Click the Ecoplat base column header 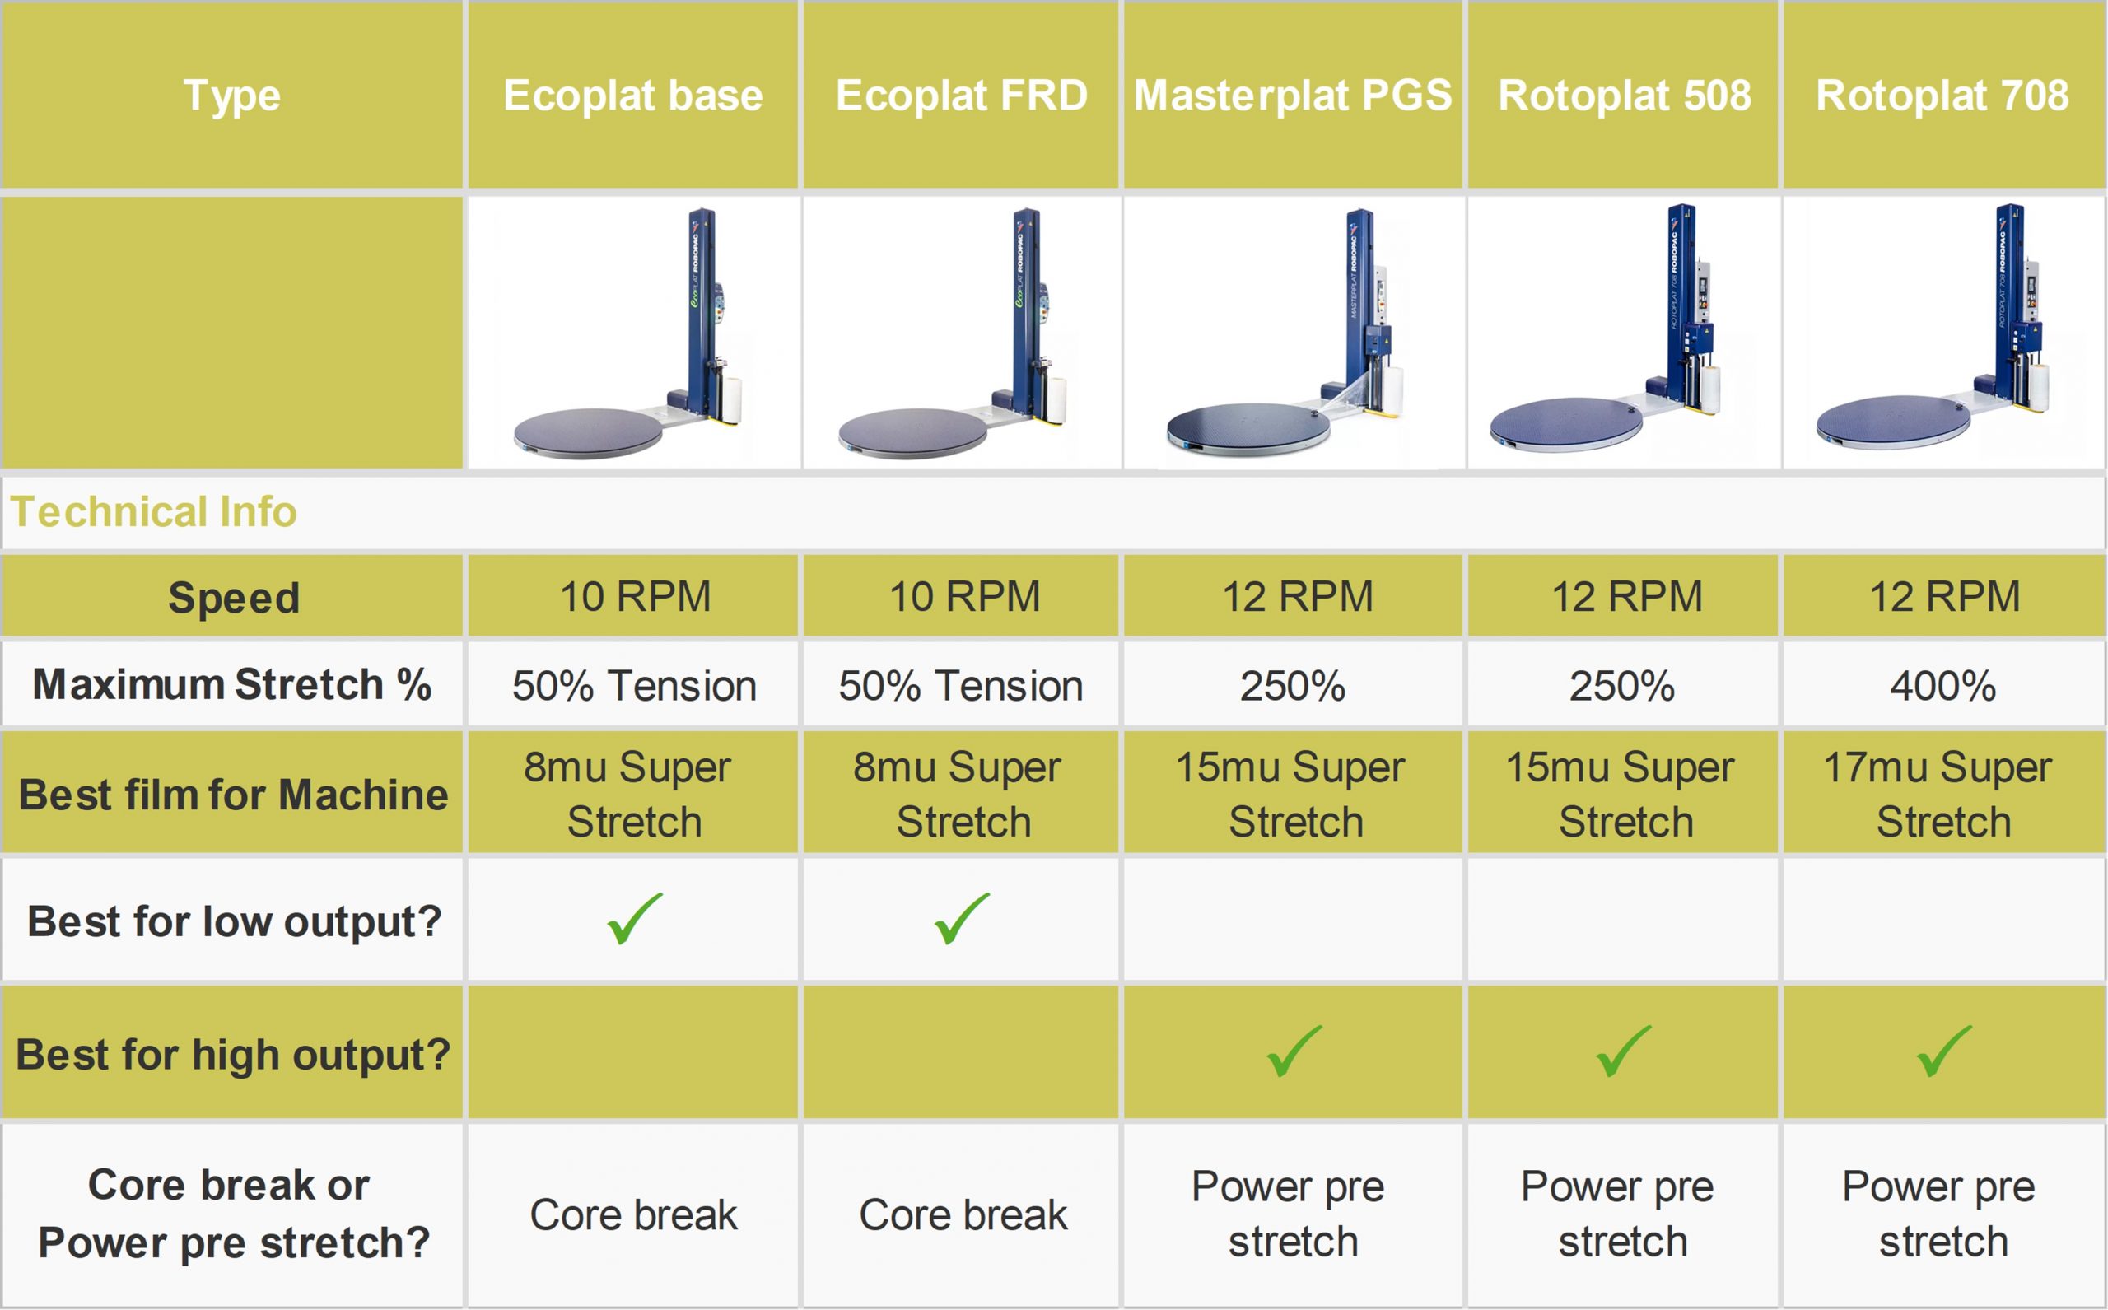[633, 96]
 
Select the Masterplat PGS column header [1293, 96]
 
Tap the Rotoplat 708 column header [1942, 96]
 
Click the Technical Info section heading [153, 511]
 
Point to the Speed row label [234, 598]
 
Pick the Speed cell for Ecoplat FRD [964, 597]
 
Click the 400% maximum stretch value [1943, 686]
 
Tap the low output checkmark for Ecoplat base [634, 918]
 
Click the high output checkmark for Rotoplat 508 [1623, 1051]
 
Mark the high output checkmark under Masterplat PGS [1294, 1051]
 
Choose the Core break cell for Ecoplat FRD [963, 1214]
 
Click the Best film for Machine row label [233, 795]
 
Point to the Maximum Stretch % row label [232, 684]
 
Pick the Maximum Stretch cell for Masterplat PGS [1293, 686]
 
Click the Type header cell [232, 96]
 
